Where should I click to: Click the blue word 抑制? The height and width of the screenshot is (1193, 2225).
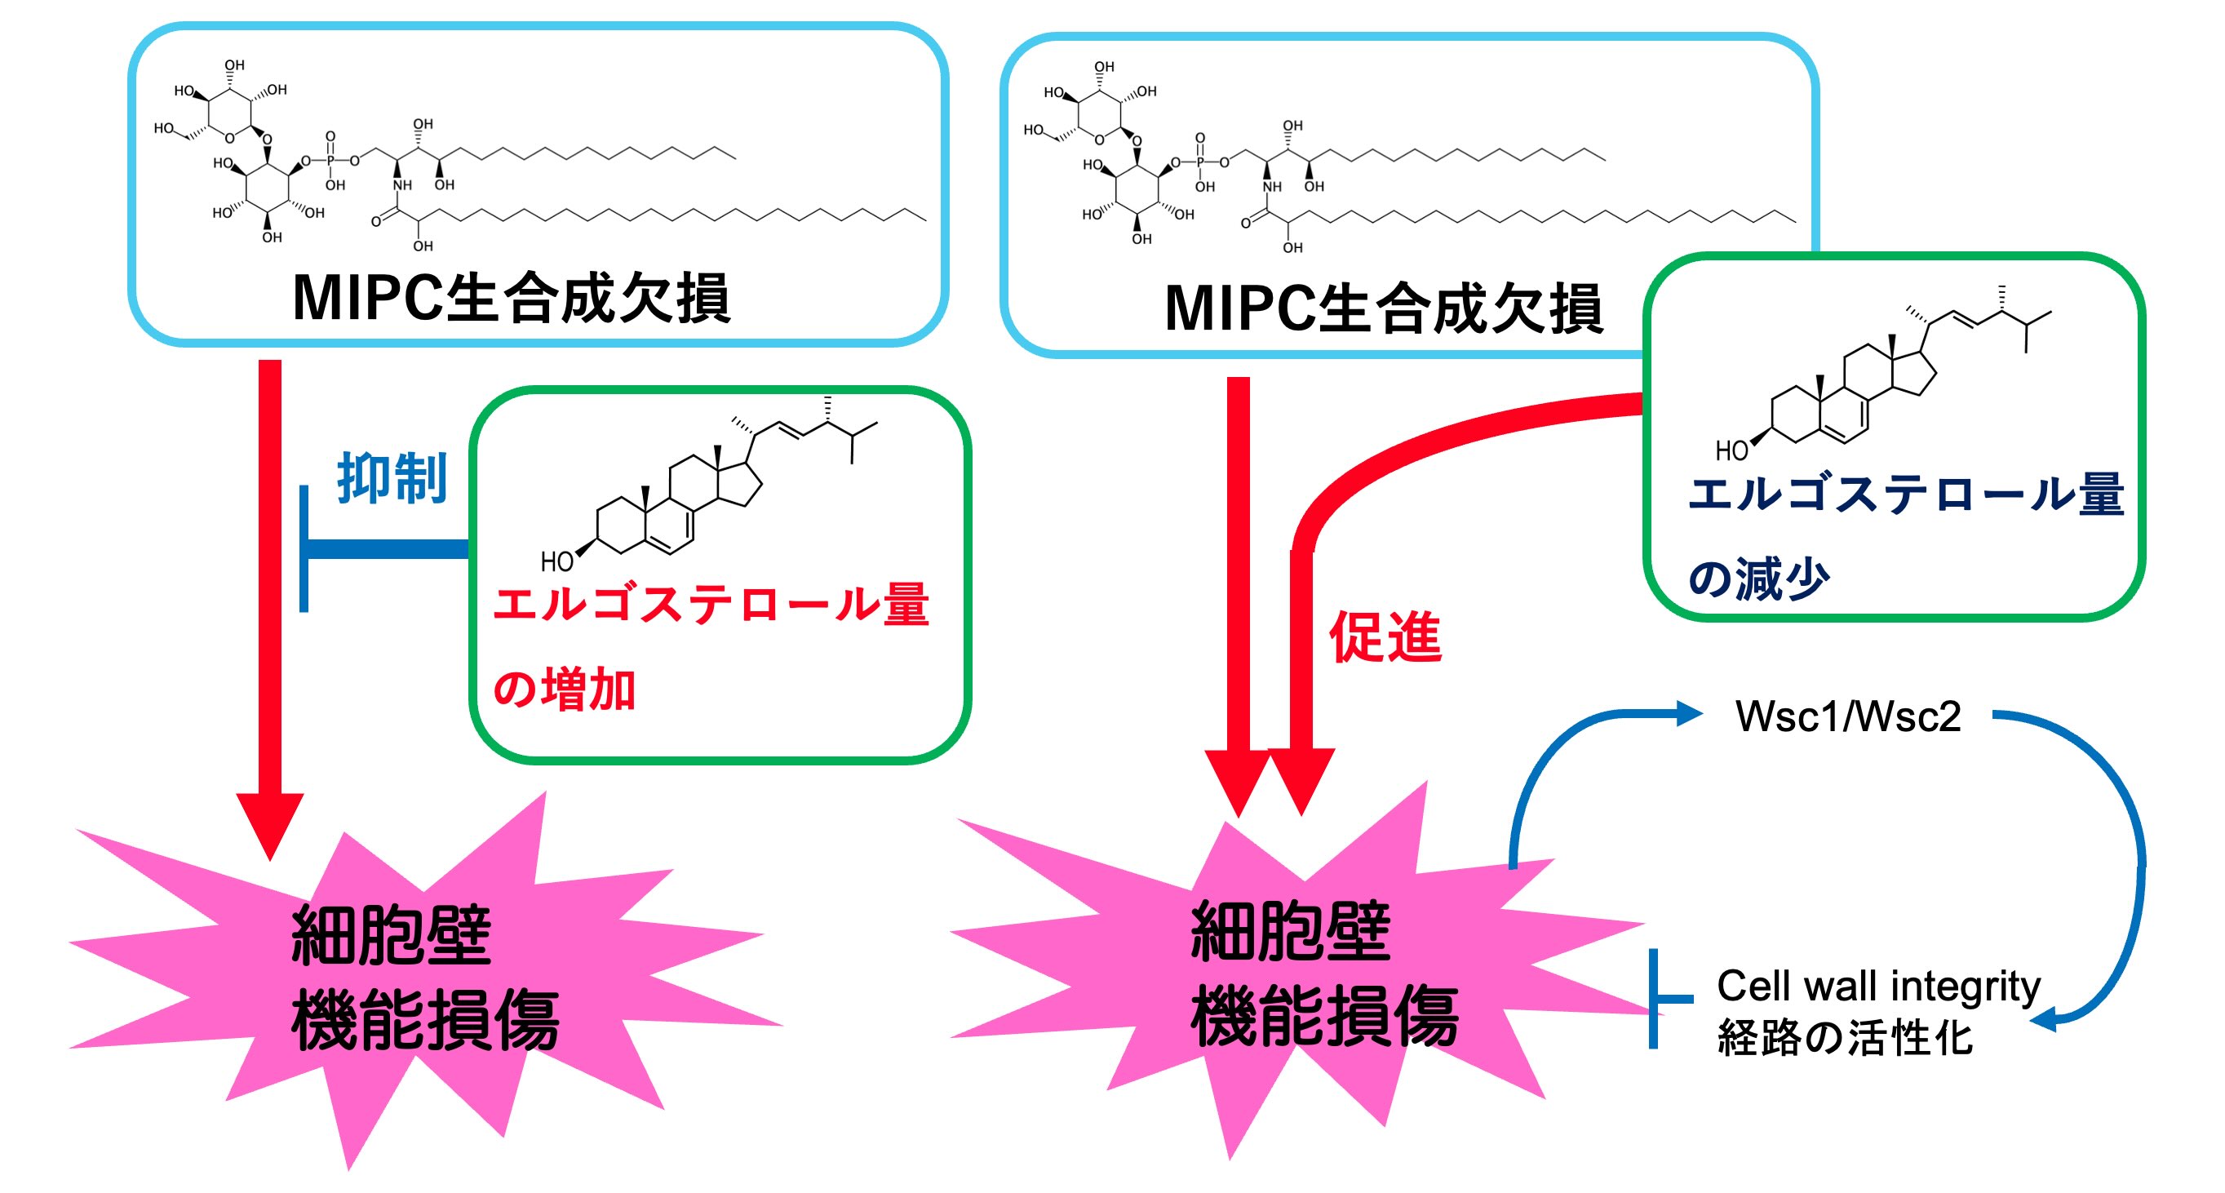392,477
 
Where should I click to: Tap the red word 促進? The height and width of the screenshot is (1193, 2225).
1385,636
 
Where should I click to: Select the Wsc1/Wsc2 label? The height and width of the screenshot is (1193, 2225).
1847,716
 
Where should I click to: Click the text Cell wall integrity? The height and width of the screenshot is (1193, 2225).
1877,986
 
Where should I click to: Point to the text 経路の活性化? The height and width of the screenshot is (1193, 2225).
1845,1037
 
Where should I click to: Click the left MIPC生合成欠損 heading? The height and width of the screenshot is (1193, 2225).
512,298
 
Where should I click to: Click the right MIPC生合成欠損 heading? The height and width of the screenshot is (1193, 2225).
1383,308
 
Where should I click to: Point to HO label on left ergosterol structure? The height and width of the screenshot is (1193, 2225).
556,561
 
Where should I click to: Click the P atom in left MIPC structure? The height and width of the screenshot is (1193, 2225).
330,161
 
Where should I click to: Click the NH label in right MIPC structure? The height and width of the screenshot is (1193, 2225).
1271,187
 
